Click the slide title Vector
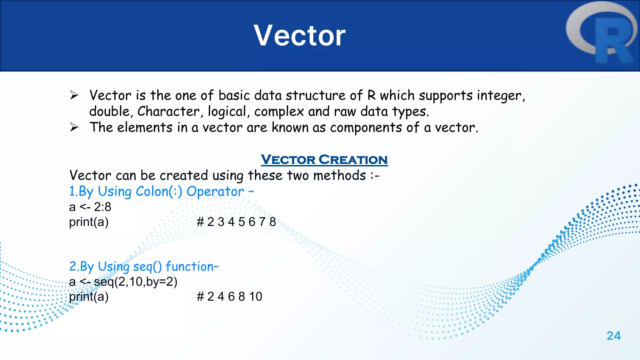tap(299, 36)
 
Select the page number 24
tap(613, 336)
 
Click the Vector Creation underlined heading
tap(324, 160)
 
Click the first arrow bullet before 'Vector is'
tap(74, 95)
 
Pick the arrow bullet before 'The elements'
tap(74, 127)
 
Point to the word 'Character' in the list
tap(168, 112)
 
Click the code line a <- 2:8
tap(90, 207)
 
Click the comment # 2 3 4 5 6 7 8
tap(236, 222)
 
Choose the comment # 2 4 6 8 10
tap(229, 297)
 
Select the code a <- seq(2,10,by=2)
tap(123, 282)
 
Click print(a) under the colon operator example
tap(89, 222)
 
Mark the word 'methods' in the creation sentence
tap(339, 175)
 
